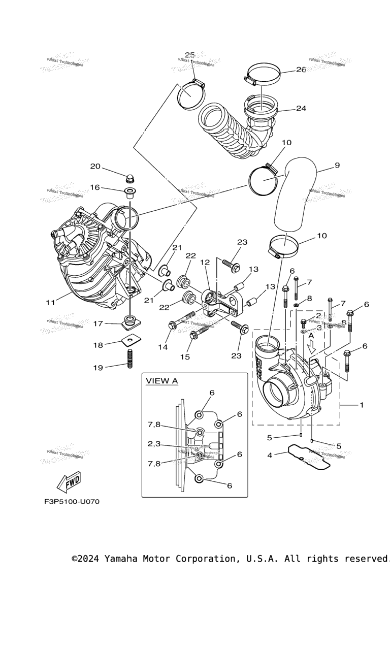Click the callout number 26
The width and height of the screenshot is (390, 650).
point(301,70)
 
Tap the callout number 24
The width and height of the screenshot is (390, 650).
point(301,108)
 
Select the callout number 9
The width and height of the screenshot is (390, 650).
point(337,165)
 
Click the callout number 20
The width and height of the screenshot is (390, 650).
point(95,167)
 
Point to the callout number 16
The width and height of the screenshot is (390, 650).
point(95,187)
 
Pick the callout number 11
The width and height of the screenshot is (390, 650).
point(50,303)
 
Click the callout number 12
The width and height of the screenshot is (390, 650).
point(205,263)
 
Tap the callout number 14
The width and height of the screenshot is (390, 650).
point(162,347)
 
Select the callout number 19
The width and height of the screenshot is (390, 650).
point(98,368)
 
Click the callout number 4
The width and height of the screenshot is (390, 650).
point(270,455)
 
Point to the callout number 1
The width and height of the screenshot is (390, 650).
point(362,405)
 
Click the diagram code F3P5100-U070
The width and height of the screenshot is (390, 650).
point(72,502)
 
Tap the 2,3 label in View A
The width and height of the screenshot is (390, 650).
point(154,444)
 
